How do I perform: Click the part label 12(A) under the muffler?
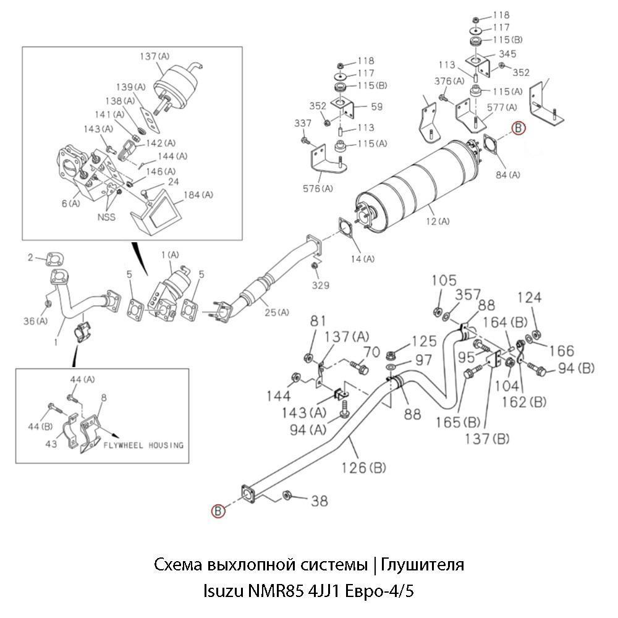pos(437,221)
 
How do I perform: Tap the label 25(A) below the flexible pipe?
pos(276,312)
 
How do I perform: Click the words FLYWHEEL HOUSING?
pos(143,445)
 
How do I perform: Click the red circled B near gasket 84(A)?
pos(519,128)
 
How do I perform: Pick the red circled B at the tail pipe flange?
pos(217,510)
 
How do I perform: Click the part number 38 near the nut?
pos(319,501)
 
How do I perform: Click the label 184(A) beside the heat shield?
pos(198,195)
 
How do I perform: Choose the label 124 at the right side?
pos(530,298)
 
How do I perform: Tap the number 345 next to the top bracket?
pos(508,55)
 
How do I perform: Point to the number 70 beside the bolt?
pos(371,353)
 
